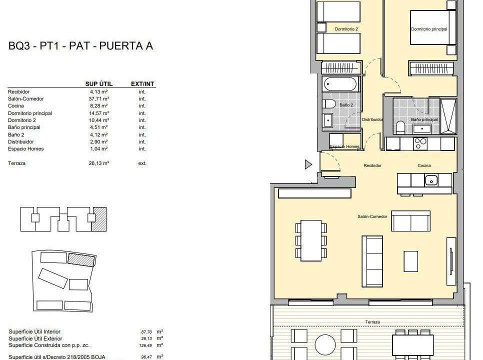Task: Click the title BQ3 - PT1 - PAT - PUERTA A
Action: [x=80, y=46]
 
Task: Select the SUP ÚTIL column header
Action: [x=99, y=84]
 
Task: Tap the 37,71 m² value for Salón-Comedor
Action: [x=99, y=99]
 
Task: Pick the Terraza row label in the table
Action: [x=16, y=163]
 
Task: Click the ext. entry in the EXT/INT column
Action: [x=142, y=163]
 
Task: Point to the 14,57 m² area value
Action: [x=99, y=113]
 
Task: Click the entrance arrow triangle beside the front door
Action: [x=308, y=164]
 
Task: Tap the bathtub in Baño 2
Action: [x=340, y=84]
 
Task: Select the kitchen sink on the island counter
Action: [x=431, y=179]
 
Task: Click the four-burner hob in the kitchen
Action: [x=420, y=143]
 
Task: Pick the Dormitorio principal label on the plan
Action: [x=429, y=29]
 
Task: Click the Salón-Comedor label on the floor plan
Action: [x=372, y=216]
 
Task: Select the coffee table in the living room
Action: [x=411, y=261]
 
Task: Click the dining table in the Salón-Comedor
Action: [x=311, y=240]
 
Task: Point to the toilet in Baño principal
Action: [x=400, y=127]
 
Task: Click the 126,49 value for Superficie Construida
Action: [x=145, y=345]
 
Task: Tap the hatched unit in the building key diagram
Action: [x=99, y=219]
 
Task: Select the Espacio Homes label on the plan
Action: [x=344, y=146]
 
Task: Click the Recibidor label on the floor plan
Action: [x=372, y=165]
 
